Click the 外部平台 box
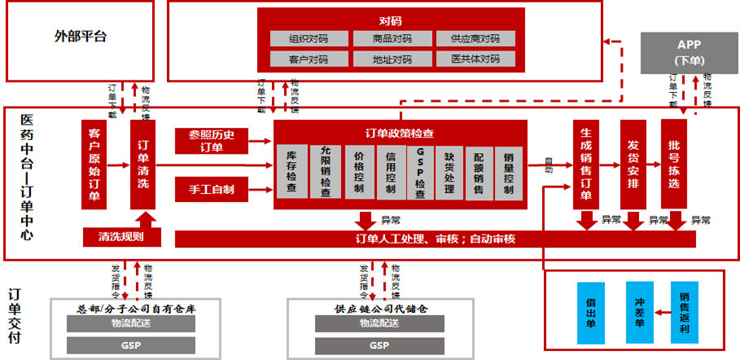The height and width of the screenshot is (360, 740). [80, 36]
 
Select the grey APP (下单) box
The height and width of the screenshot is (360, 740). [689, 51]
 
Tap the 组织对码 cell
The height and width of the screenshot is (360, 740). [308, 38]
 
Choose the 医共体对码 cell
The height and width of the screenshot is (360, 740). [475, 59]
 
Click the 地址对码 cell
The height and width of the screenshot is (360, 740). [392, 59]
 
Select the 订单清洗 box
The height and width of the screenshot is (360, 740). [142, 165]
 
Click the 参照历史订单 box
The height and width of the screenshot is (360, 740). [211, 140]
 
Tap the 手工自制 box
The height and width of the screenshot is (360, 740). [211, 190]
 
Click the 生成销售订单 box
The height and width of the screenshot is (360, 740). [586, 165]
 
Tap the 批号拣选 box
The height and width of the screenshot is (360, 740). [674, 165]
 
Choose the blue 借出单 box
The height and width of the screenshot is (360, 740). [593, 312]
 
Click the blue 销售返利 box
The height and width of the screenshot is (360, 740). [685, 312]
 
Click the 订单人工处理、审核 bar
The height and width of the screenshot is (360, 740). [436, 239]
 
